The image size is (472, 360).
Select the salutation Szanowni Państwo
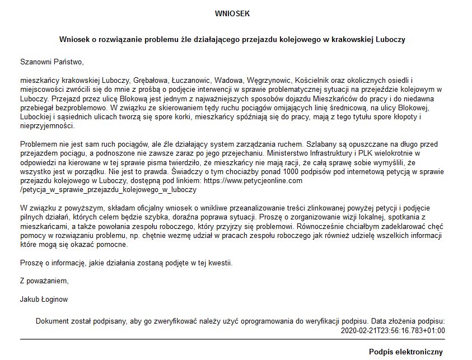[51, 61]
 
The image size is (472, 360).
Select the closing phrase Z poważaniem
[44, 280]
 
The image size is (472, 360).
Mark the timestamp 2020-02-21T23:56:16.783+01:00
[392, 330]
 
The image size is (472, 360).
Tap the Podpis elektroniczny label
[406, 352]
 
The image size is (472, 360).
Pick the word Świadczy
[190, 171]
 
